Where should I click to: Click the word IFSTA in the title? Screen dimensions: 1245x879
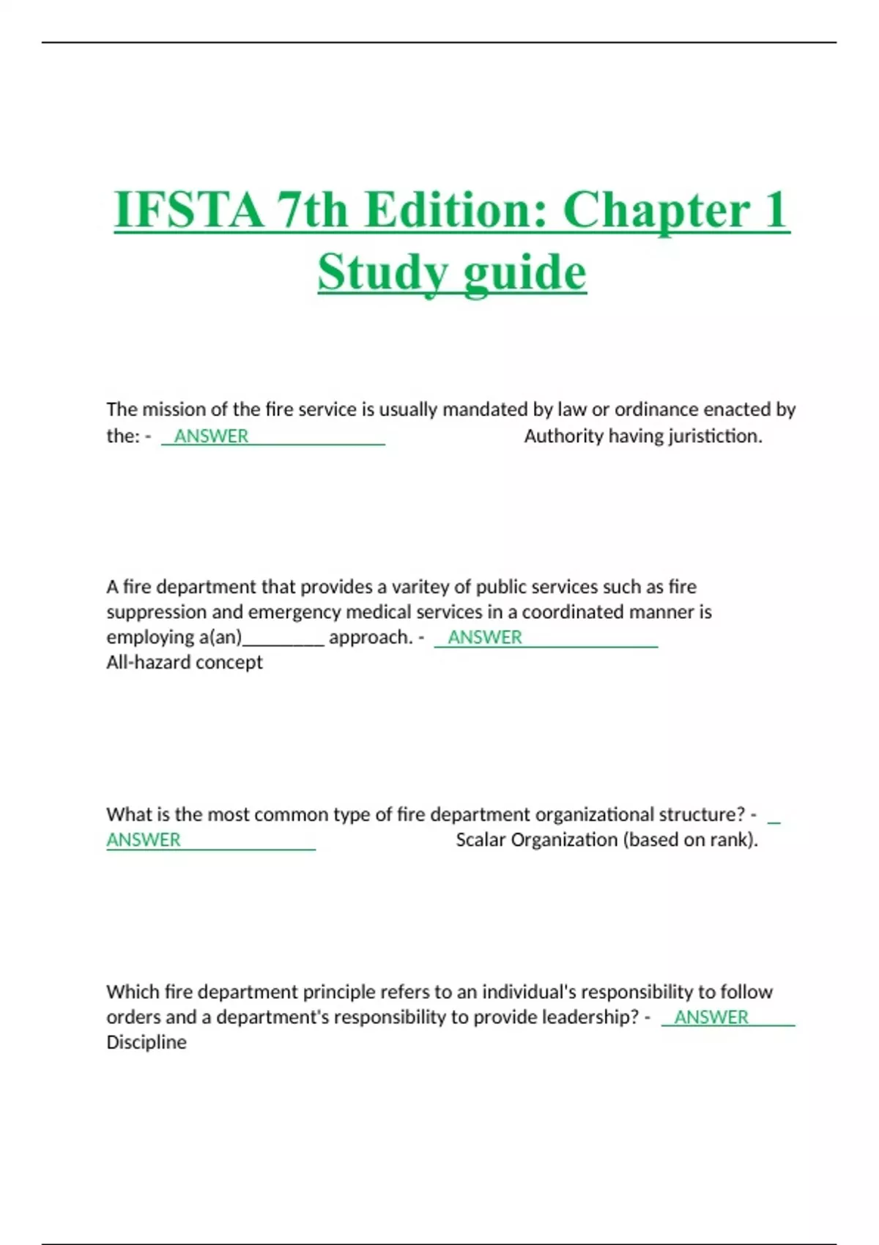click(189, 210)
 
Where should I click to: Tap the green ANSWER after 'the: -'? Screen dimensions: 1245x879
click(211, 436)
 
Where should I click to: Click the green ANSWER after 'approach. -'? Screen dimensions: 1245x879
click(485, 638)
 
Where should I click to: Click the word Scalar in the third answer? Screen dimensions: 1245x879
click(480, 840)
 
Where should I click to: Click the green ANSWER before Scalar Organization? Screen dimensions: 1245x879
click(144, 840)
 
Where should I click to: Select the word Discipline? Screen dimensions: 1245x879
click(146, 1042)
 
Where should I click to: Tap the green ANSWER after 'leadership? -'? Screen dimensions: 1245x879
click(711, 1017)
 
